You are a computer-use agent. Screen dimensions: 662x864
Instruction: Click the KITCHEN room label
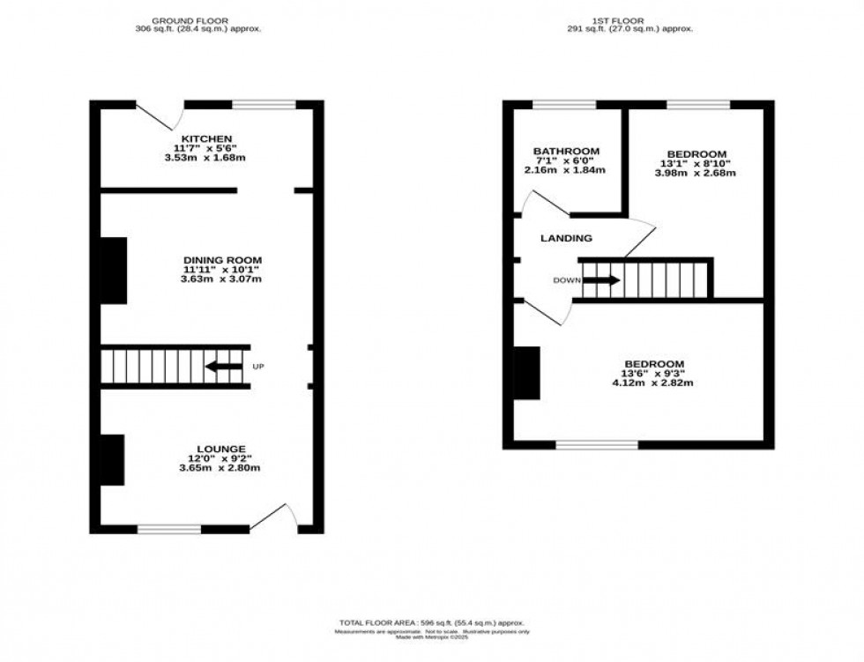[x=206, y=139]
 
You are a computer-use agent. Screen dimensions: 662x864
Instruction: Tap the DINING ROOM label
[x=222, y=259]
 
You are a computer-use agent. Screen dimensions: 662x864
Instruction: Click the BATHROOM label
[x=567, y=151]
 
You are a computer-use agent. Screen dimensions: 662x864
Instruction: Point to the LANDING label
[x=566, y=238]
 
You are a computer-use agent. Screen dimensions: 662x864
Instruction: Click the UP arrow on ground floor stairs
[x=224, y=367]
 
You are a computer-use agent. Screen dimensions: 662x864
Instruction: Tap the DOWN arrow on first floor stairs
[x=601, y=281]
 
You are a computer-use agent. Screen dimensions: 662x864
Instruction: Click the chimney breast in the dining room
[x=114, y=271]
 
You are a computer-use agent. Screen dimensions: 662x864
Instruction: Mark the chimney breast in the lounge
[x=112, y=460]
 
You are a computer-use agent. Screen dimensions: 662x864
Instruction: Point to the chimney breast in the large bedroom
[x=527, y=372]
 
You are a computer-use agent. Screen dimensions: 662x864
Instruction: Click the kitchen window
[x=264, y=106]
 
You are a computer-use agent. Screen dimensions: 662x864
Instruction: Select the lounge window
[x=169, y=529]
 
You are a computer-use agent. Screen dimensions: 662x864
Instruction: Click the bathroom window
[x=564, y=106]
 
